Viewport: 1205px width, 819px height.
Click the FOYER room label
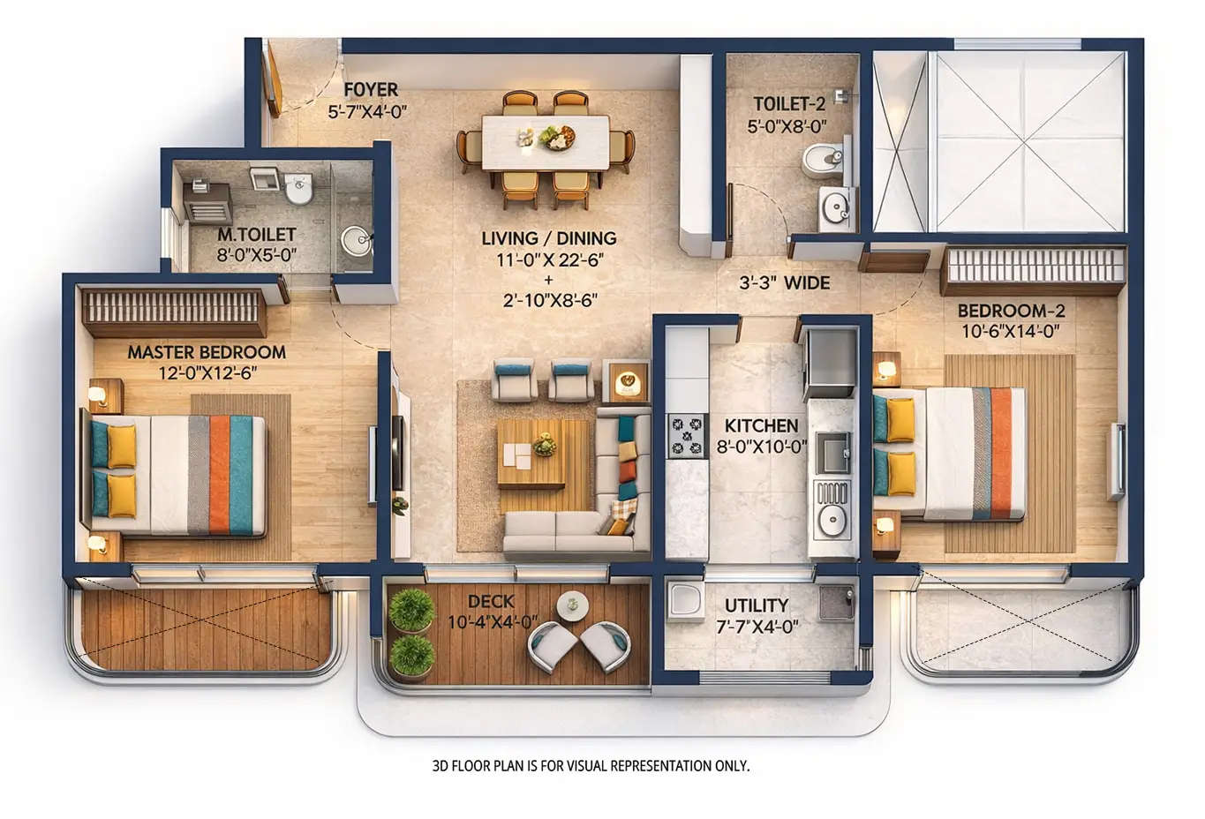(370, 89)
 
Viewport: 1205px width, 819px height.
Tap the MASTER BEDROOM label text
(207, 352)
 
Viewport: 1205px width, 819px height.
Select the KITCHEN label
(761, 426)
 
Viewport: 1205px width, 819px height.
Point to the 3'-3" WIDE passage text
(784, 283)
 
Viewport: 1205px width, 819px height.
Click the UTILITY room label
(757, 605)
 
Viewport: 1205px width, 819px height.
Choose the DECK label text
(491, 602)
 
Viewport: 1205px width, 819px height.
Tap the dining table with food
(546, 142)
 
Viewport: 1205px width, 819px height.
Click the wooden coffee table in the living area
(531, 453)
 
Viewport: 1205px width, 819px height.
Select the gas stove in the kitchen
(686, 435)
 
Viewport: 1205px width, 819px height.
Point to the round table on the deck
(572, 605)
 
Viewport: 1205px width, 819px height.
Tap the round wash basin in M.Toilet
(357, 240)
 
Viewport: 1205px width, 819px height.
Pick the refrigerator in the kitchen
(830, 362)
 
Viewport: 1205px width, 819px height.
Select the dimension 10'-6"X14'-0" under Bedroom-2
(1010, 332)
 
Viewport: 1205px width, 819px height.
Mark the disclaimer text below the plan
(591, 766)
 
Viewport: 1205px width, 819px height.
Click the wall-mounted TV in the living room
(397, 453)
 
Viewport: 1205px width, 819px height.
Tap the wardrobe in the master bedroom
(174, 309)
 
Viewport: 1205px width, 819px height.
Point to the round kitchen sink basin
(831, 521)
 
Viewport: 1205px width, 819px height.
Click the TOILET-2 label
(789, 104)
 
